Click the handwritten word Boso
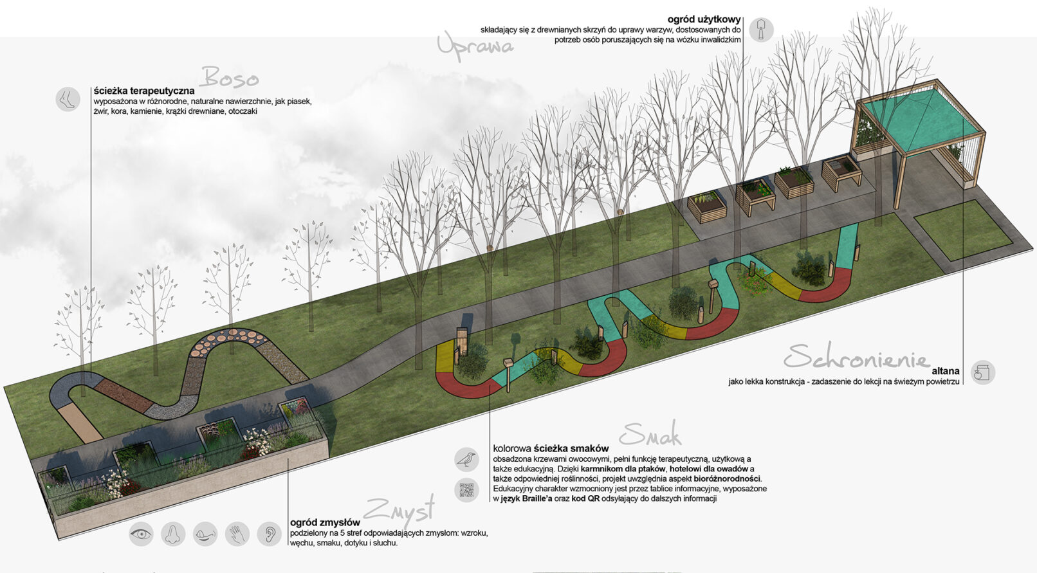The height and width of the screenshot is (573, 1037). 230,78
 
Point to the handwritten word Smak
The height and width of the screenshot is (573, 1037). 651,435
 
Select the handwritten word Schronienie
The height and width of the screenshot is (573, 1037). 856,356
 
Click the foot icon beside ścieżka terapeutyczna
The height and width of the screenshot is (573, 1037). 67,100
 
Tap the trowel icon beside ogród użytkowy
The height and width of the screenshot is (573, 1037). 761,30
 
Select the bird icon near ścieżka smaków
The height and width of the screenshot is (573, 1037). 466,459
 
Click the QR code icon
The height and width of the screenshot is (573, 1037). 466,490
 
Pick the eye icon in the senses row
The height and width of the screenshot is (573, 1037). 141,534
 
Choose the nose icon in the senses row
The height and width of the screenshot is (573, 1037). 173,534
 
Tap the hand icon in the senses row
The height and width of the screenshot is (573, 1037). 237,534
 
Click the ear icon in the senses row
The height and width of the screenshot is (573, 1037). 270,534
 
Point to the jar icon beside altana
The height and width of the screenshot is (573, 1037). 982,372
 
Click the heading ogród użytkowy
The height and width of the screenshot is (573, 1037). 704,20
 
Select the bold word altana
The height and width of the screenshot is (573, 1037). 945,371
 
